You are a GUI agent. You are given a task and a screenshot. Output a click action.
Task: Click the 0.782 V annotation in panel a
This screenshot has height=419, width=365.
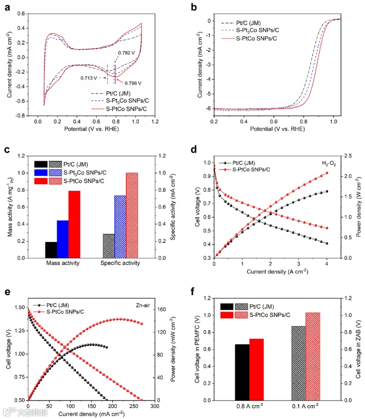[x=126, y=53]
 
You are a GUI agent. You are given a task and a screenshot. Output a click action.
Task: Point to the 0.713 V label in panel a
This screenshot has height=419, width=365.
[x=89, y=78]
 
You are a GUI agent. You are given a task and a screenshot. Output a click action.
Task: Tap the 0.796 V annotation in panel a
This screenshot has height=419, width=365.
[x=133, y=83]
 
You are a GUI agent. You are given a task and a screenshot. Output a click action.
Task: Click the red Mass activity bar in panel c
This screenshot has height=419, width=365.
[x=74, y=224]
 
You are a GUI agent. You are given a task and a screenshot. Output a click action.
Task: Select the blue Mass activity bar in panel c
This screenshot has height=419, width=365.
[x=63, y=239]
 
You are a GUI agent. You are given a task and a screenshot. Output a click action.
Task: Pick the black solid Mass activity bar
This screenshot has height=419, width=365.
[x=51, y=250]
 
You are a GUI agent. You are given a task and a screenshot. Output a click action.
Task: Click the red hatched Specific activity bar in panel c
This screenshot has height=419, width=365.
[x=132, y=215]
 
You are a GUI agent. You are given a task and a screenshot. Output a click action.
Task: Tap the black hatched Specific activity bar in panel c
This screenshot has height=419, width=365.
[x=108, y=246]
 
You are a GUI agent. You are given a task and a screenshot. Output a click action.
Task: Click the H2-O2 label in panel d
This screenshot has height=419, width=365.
[x=329, y=164]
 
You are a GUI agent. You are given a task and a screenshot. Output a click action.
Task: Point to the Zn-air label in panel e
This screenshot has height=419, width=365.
[x=143, y=305]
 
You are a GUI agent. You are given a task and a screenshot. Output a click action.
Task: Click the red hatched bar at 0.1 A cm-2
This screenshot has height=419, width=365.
[x=313, y=356]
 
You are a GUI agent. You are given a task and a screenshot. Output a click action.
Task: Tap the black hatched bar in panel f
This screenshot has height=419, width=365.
[x=298, y=363]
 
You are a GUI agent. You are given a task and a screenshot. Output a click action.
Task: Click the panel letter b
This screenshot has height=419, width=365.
[x=194, y=7]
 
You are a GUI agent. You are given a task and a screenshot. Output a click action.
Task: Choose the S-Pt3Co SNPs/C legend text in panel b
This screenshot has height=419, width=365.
[x=258, y=30]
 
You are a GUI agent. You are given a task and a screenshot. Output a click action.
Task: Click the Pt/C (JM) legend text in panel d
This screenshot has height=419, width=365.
[x=244, y=163]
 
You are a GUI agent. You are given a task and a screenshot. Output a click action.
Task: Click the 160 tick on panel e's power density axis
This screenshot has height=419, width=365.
[x=161, y=310]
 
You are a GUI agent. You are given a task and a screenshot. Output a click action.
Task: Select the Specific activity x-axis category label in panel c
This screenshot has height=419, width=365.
[x=120, y=263]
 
